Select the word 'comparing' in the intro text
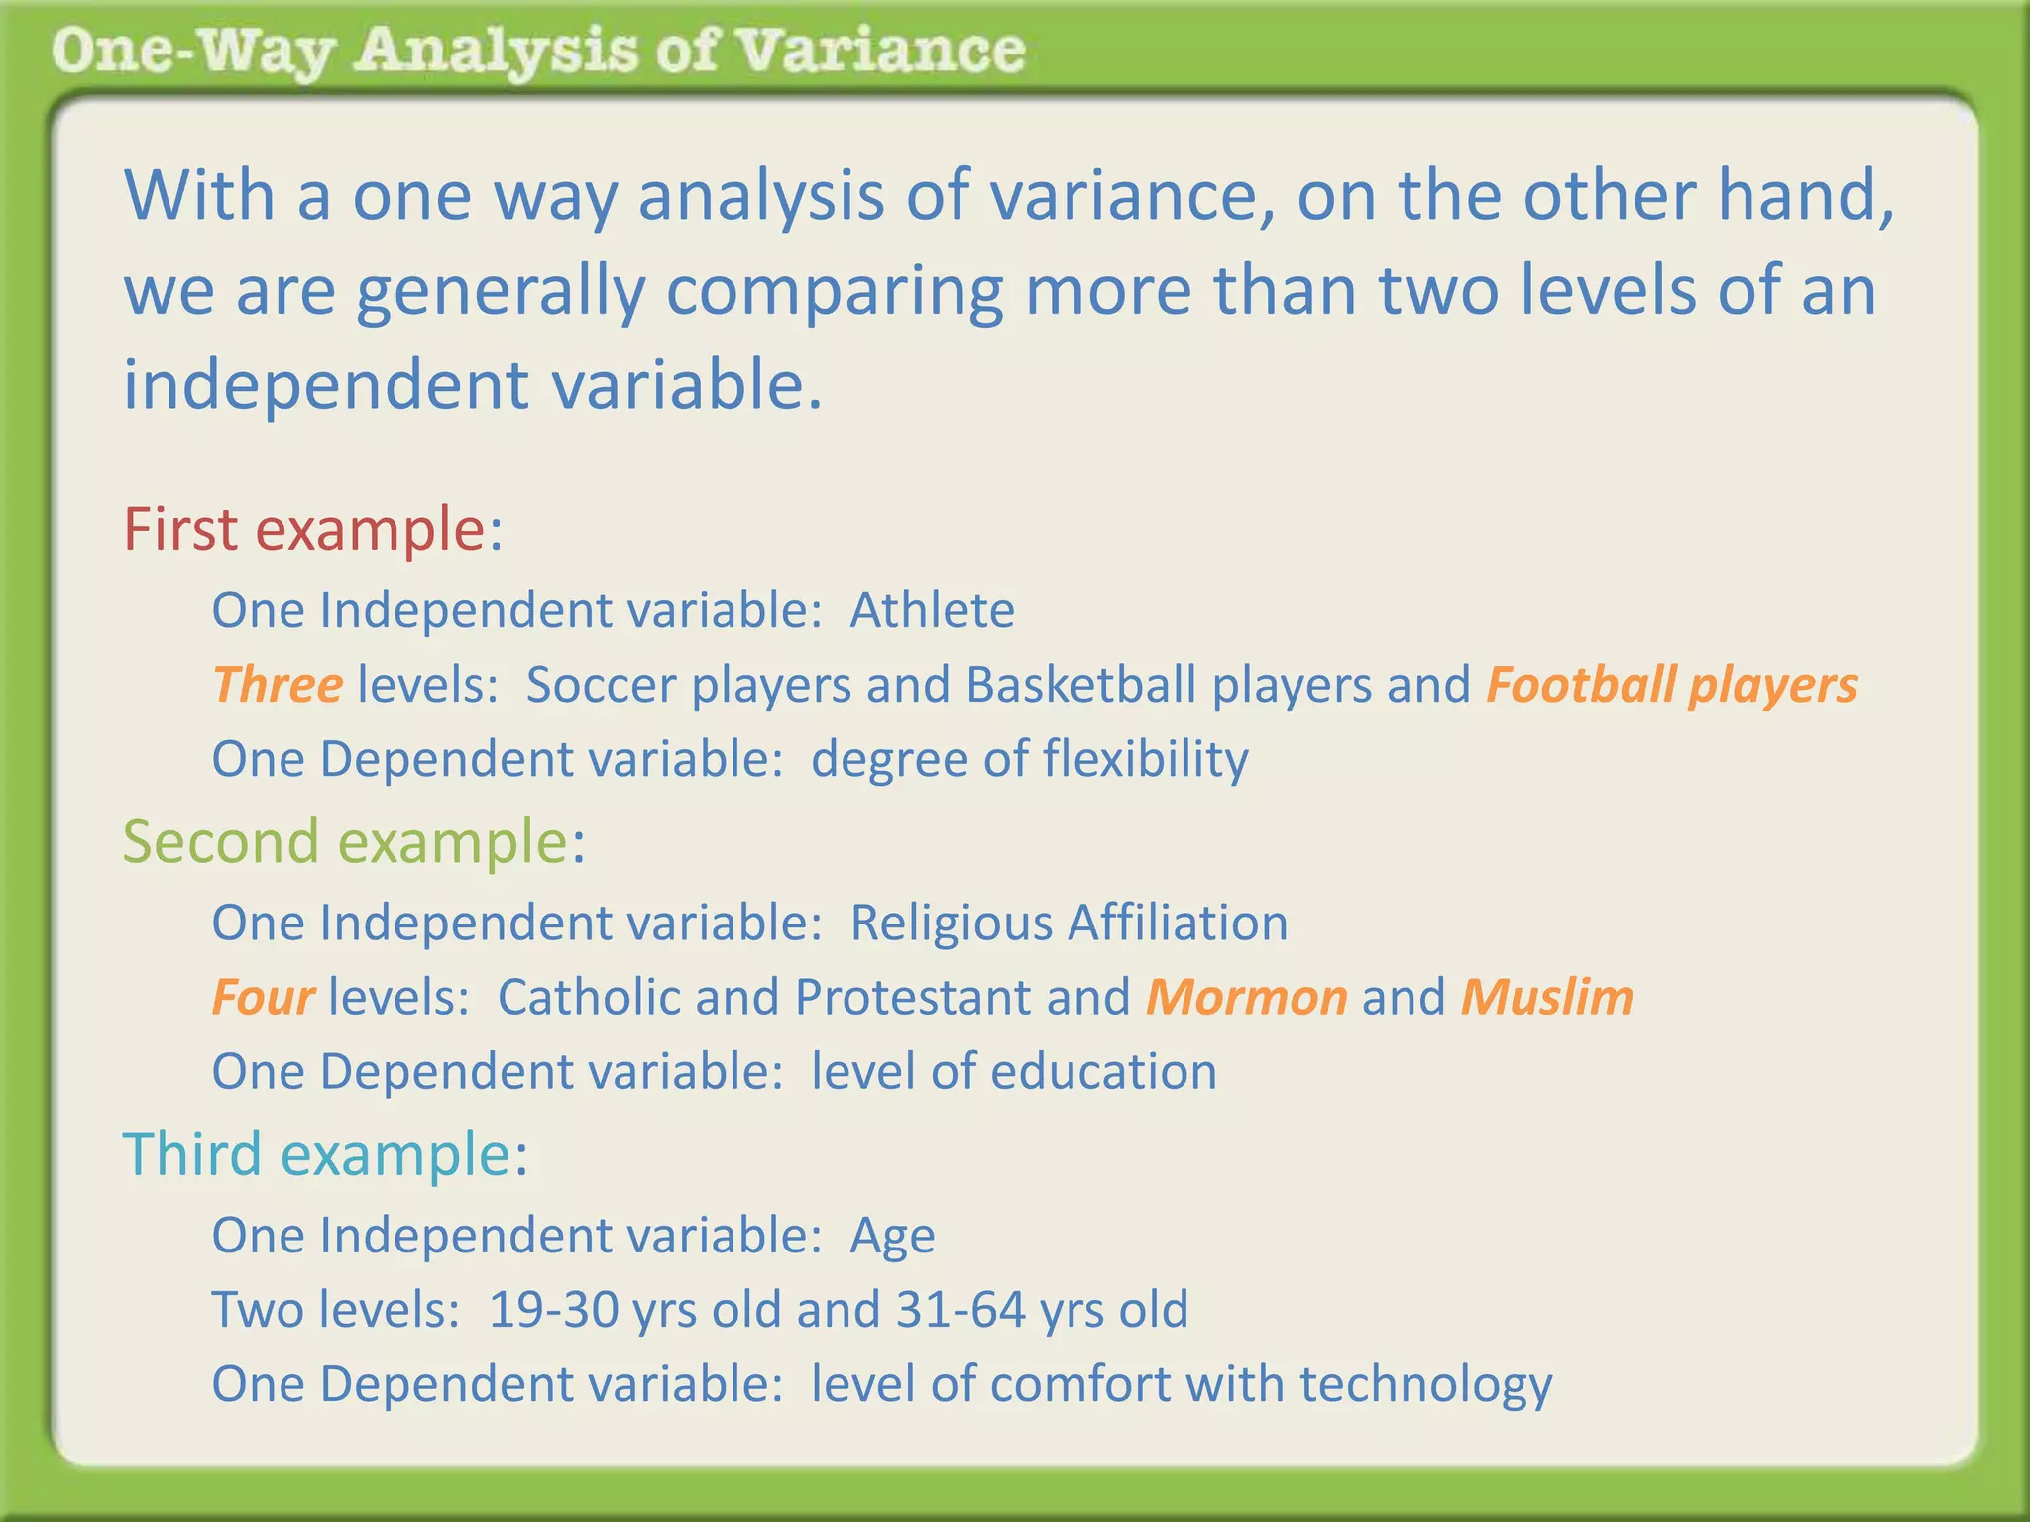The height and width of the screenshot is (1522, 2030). [835, 292]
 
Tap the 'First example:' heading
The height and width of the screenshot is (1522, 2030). [312, 529]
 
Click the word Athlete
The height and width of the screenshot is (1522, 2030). [932, 610]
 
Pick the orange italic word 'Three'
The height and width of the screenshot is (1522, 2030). [278, 685]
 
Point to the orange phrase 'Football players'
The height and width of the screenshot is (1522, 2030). [1671, 685]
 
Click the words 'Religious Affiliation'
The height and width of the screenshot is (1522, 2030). [1069, 923]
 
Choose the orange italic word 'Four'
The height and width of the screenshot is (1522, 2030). [264, 997]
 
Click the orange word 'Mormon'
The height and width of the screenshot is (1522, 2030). [1246, 997]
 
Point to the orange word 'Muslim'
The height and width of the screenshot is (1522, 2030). [1546, 997]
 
